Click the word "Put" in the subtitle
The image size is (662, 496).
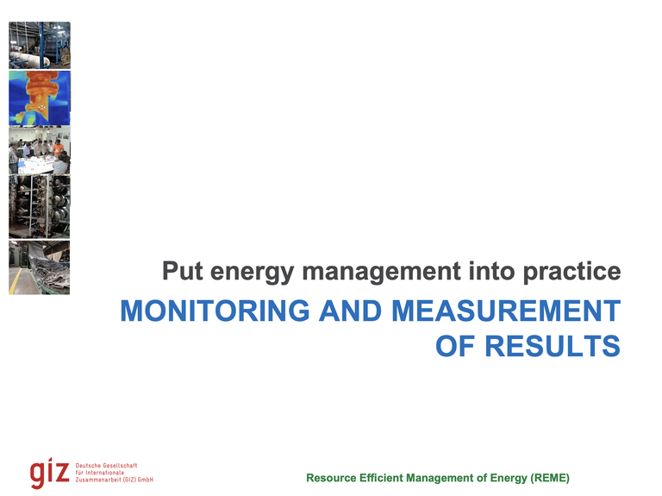click(x=183, y=272)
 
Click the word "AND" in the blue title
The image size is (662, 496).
click(x=351, y=311)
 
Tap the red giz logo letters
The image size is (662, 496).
click(x=49, y=473)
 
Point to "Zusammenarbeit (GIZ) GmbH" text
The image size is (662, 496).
click(x=115, y=480)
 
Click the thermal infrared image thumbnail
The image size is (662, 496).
click(x=40, y=97)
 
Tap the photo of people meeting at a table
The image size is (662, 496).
click(x=40, y=151)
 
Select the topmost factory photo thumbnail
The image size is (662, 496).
click(x=40, y=45)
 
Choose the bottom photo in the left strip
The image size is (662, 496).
click(x=40, y=267)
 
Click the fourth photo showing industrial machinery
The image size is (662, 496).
click(x=40, y=208)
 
